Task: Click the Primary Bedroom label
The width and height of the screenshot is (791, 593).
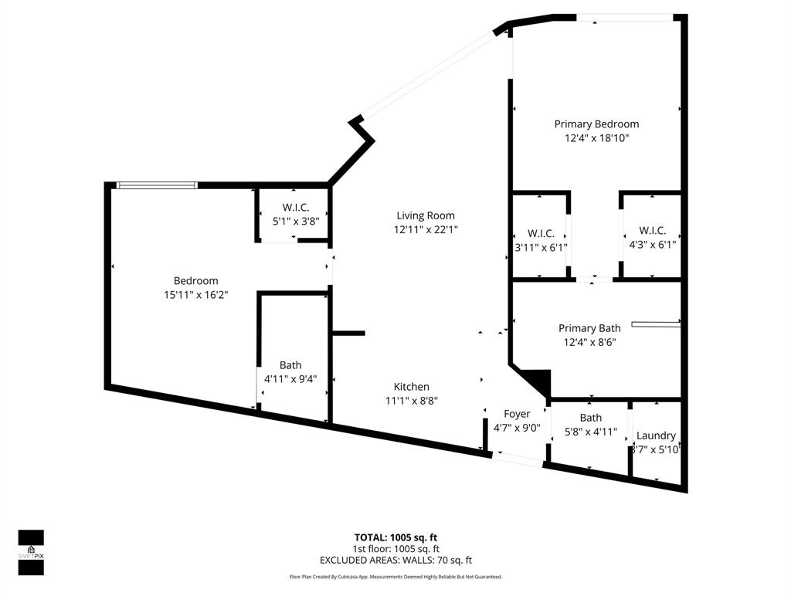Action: [596, 124]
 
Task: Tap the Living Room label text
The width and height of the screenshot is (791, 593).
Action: [425, 215]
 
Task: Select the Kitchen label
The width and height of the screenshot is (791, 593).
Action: [411, 387]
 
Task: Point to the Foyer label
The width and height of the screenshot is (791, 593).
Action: [517, 414]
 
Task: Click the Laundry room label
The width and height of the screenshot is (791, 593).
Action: [656, 435]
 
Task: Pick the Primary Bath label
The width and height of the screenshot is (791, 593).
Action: [589, 328]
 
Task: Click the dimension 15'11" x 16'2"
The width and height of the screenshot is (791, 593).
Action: [195, 294]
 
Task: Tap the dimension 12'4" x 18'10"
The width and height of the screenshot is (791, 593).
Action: [596, 138]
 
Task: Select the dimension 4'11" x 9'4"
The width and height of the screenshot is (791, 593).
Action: [290, 379]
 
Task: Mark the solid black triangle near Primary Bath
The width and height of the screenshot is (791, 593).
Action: [538, 380]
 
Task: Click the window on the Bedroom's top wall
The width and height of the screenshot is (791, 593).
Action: [157, 185]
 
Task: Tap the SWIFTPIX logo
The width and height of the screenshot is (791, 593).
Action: [31, 553]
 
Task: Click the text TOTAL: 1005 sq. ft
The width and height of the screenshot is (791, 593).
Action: [395, 537]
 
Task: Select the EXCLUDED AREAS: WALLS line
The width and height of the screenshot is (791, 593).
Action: [395, 561]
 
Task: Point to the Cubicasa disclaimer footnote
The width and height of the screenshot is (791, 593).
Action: [395, 577]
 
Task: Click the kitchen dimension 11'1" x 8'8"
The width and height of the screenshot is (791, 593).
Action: [411, 401]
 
